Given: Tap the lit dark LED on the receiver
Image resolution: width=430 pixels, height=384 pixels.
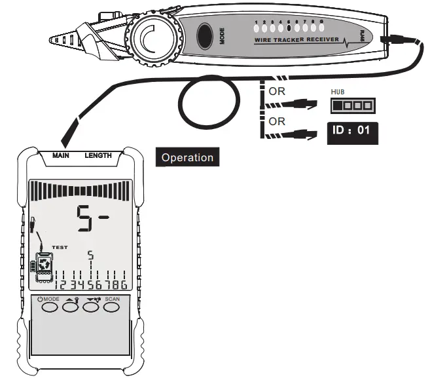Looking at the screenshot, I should (289, 28).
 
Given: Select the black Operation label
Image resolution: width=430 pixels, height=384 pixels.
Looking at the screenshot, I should (187, 157).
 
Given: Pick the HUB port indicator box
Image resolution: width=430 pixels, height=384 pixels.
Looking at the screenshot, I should (353, 105).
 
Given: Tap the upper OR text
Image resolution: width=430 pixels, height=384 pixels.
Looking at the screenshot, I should (277, 91).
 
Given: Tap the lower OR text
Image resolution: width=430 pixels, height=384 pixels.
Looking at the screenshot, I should (277, 121).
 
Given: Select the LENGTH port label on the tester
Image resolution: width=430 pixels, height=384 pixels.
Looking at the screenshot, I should (98, 156).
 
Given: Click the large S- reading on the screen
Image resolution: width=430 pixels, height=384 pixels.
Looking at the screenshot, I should (92, 220).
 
